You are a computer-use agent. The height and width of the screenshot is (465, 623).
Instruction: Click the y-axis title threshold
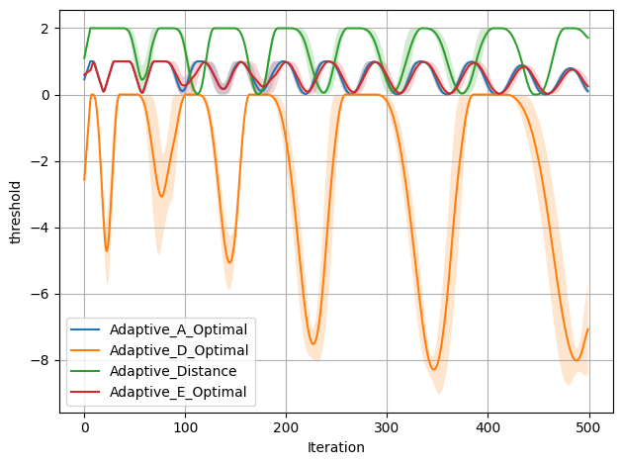coord(15,212)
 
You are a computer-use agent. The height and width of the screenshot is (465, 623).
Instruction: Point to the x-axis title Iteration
coord(336,447)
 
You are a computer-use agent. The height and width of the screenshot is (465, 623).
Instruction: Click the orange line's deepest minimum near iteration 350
coord(434,370)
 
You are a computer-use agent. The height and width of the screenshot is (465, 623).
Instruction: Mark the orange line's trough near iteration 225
coord(313,343)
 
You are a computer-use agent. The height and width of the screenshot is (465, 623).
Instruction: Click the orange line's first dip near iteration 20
coord(107,250)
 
